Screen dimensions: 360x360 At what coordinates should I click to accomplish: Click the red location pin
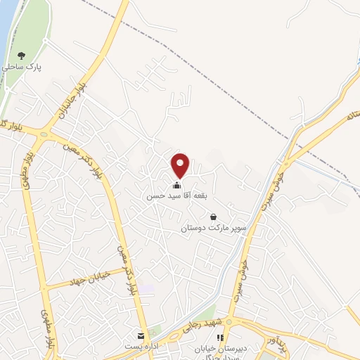point(181,165)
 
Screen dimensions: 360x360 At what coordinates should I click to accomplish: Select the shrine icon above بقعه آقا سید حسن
point(176,185)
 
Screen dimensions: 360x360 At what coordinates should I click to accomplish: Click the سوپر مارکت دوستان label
point(214,228)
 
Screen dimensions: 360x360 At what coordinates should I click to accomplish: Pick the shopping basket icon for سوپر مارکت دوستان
point(214,217)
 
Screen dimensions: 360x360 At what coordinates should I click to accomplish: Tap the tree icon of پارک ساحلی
point(22,55)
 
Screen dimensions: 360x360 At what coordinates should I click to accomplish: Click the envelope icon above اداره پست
point(141,336)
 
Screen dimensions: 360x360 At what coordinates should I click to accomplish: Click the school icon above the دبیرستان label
point(221,337)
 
